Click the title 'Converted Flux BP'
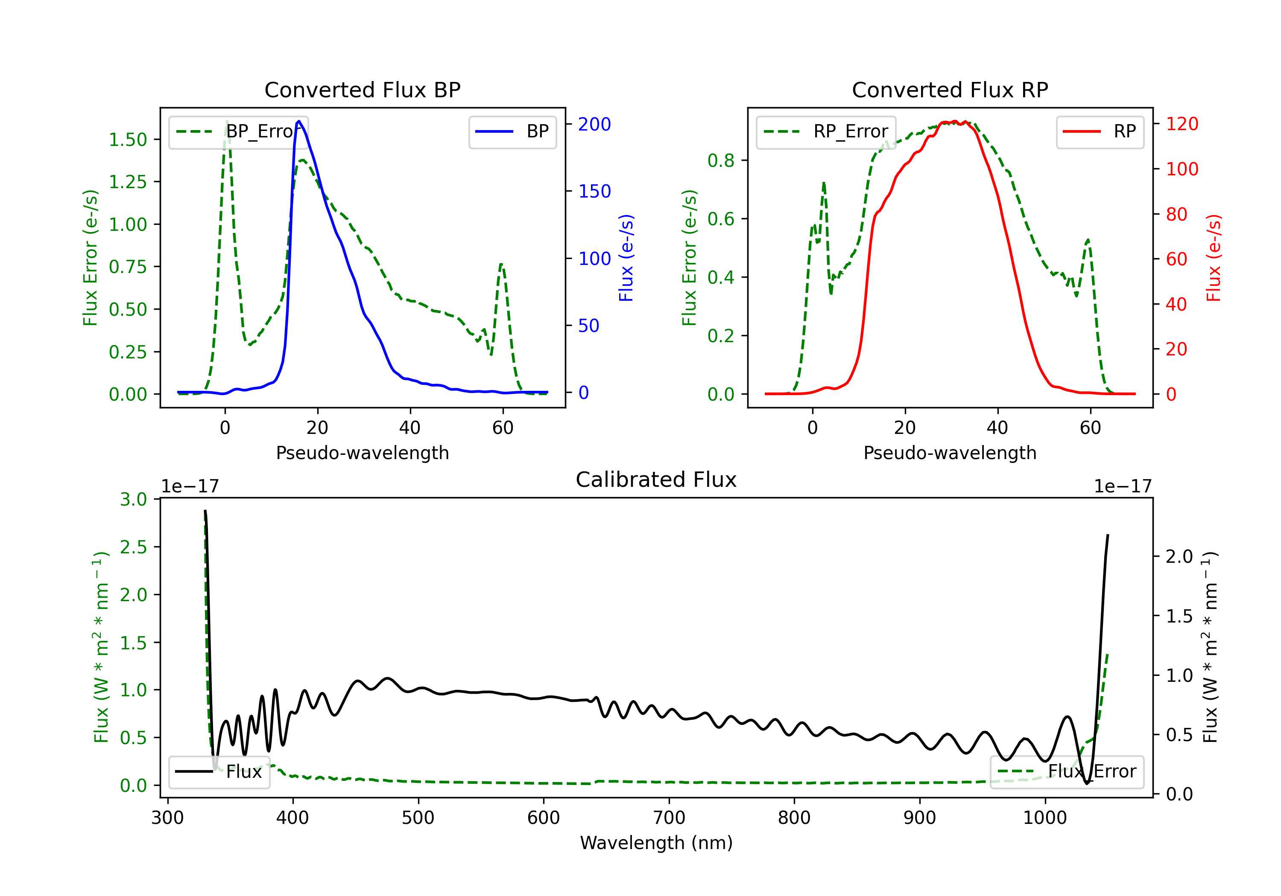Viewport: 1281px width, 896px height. [x=363, y=90]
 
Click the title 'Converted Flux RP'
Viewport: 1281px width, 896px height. [x=950, y=90]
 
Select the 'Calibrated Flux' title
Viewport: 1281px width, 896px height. [x=656, y=480]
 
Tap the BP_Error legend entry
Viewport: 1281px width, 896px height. [x=238, y=131]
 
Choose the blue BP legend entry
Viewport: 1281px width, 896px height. [x=512, y=131]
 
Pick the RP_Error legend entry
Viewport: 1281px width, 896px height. [x=826, y=131]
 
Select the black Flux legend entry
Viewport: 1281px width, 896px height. [x=219, y=772]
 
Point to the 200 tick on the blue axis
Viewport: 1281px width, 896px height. [x=595, y=124]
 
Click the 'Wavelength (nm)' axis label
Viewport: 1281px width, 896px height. [x=656, y=843]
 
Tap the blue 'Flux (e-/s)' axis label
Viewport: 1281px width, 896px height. [x=626, y=258]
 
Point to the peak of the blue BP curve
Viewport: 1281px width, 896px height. [x=299, y=121]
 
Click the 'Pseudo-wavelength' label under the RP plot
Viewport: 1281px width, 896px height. [x=950, y=453]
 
